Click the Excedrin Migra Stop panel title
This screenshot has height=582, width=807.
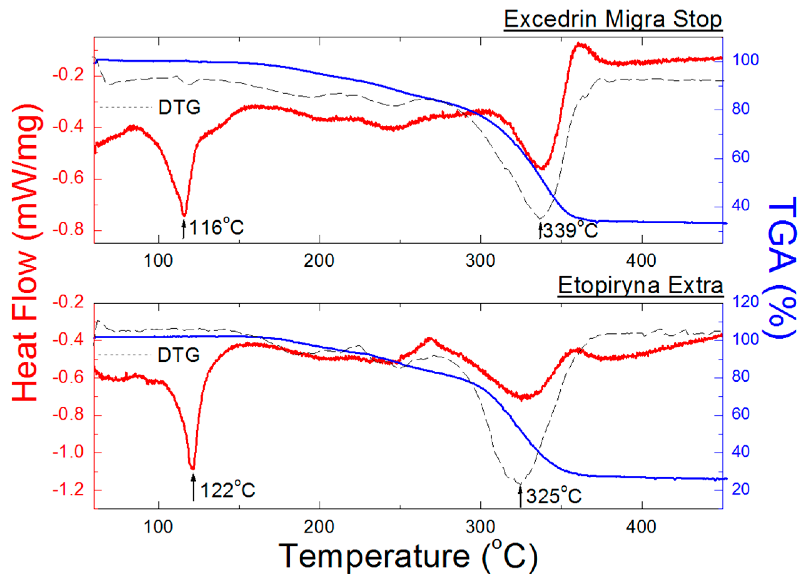[x=613, y=19]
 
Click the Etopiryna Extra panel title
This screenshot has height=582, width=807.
[x=640, y=286]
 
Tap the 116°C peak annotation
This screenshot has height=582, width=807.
[x=216, y=227]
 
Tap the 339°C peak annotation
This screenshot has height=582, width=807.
[x=570, y=230]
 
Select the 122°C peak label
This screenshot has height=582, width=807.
[x=227, y=490]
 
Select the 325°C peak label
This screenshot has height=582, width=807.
[x=554, y=496]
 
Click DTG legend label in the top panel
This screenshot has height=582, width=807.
[x=179, y=107]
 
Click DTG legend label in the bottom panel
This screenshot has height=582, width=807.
[x=178, y=355]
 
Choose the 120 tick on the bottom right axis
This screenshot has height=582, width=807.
[x=745, y=302]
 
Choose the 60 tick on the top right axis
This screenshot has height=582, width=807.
[x=741, y=157]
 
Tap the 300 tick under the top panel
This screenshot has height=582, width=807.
[x=480, y=261]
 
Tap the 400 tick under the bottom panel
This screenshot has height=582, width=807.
[x=641, y=527]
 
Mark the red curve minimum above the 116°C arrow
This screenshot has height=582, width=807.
[x=184, y=215]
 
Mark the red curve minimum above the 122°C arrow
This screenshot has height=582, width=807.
[x=193, y=468]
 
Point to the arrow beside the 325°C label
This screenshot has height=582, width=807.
[x=520, y=496]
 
